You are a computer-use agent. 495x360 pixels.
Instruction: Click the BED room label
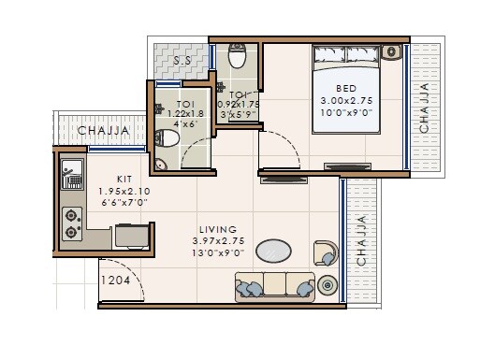346,87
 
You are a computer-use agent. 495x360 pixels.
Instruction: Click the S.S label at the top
184,61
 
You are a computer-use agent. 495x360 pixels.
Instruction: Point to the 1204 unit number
117,277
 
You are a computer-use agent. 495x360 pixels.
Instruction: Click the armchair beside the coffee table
325,252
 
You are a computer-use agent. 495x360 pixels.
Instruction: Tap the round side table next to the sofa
328,286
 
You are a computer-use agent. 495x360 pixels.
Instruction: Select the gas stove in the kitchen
70,221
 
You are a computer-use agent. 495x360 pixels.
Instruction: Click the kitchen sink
69,173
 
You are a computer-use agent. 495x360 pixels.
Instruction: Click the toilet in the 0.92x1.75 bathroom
238,59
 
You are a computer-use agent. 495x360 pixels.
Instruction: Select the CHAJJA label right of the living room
362,240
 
